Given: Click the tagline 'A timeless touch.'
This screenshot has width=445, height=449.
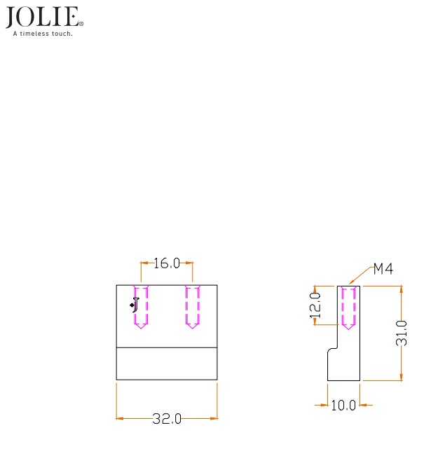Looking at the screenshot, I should coord(43,32).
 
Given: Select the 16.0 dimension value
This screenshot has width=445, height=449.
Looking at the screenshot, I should coord(167,263).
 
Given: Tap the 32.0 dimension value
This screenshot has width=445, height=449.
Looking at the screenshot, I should coord(167,419).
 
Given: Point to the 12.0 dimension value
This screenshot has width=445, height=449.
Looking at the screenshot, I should coord(316,305).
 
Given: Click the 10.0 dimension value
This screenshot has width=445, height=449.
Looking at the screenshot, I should coord(343,405).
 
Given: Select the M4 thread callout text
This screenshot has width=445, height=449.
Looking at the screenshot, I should coord(383,269).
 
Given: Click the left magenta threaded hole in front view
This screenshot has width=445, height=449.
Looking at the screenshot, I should coord(141,306).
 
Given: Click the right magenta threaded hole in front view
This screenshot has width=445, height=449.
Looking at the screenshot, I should coord(193,306).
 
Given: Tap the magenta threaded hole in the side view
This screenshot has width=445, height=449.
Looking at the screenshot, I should coord(348,307).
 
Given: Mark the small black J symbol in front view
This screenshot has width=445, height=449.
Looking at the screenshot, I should coord(135,304).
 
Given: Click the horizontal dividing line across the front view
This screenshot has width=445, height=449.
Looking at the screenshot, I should coord(167,348).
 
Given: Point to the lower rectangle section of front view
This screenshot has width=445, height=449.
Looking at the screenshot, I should coord(167,364).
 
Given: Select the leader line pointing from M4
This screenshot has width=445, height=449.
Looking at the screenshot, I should coord(361,277).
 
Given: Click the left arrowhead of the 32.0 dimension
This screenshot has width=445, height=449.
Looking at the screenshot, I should coord(120,419).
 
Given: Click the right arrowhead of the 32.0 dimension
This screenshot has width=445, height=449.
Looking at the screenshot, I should coord(214,419).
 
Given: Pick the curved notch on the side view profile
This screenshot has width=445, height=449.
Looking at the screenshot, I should coord(331,349).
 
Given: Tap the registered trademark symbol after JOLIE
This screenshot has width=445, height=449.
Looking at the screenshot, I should coord(81,24).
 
